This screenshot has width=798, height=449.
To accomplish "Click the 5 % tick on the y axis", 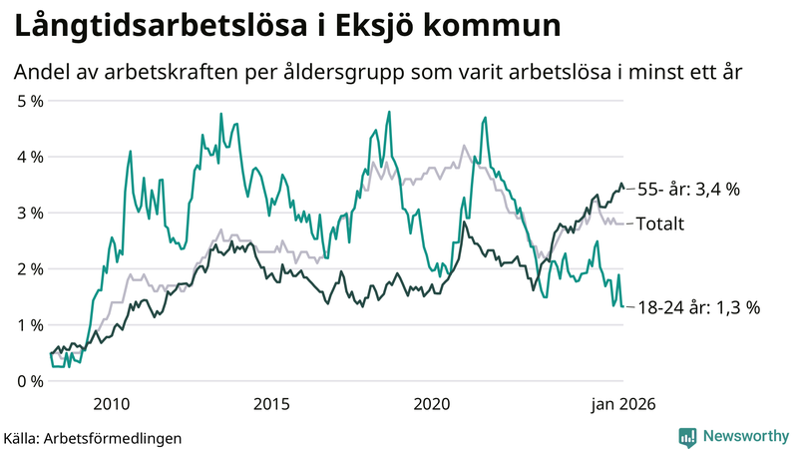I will coord(29,101).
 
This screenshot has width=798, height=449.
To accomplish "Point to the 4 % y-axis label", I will coord(29,157).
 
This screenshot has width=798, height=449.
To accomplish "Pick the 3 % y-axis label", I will coord(29,213).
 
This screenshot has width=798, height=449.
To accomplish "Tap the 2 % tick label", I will coord(29,268).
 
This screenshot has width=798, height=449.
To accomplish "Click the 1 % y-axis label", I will coord(29,324).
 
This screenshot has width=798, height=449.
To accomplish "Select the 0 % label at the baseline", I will coord(29,380).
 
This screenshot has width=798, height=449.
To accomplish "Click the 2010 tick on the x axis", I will coord(111,403).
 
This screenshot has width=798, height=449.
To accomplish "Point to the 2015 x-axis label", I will coord(271,403).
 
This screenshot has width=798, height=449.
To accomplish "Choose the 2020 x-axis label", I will coord(432,403).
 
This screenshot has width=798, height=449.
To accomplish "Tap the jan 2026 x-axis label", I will coord(623,403).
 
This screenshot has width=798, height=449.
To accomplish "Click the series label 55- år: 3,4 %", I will coord(687,189).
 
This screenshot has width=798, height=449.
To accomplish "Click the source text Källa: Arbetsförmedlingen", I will coord(93,437).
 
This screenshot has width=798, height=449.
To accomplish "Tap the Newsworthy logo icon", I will coord(687,436).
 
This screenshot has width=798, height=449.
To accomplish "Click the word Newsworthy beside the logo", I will coord(746,436).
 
